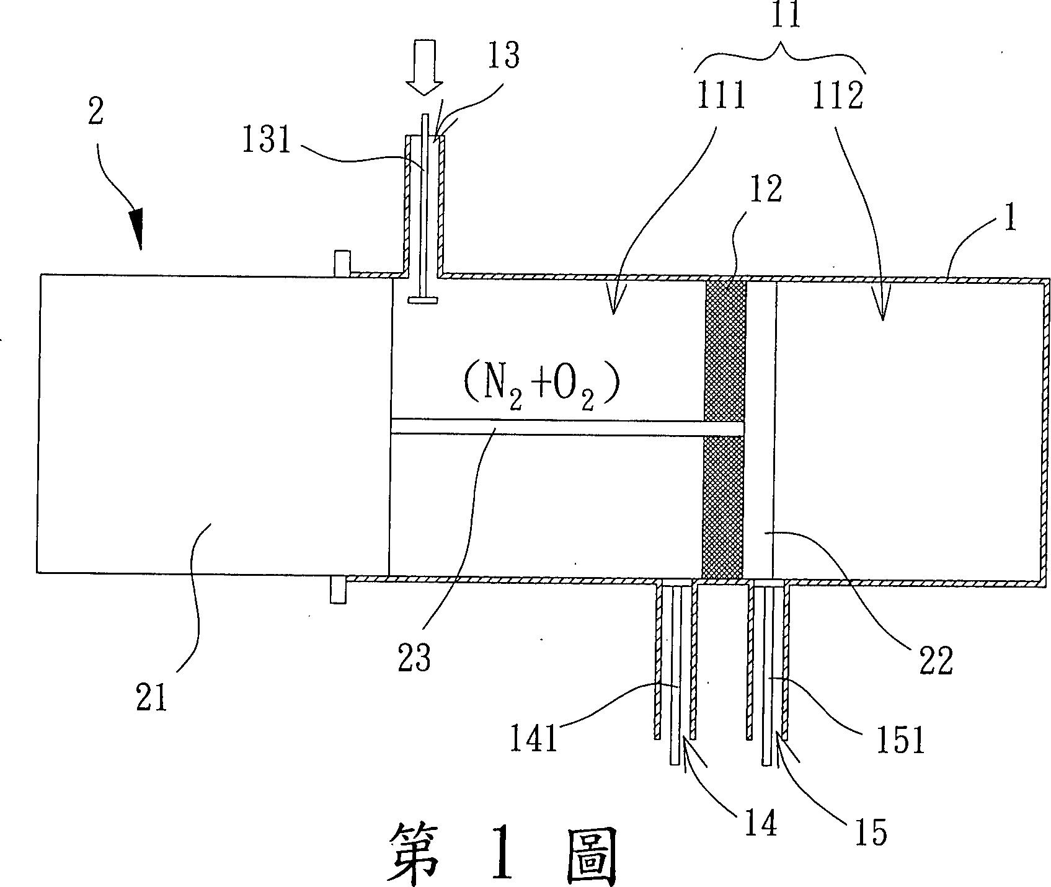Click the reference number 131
(266, 142)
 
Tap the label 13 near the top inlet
(502, 56)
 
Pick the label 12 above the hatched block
(766, 190)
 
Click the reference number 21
(152, 699)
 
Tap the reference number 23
(415, 657)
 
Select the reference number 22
(935, 660)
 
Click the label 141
(534, 739)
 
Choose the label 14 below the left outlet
(761, 824)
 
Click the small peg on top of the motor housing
(342, 263)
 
